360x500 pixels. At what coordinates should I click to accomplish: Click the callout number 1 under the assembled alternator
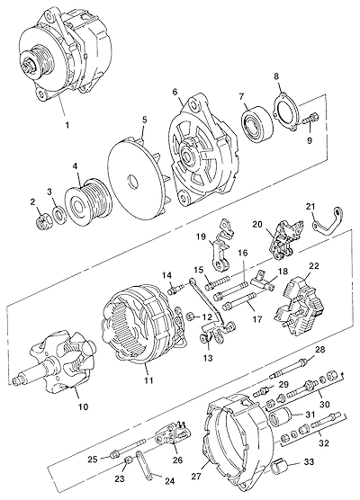67,125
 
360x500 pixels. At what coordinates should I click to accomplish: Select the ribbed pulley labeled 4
89,201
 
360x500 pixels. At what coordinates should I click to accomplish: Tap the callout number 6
175,92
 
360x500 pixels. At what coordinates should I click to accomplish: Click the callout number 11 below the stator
148,380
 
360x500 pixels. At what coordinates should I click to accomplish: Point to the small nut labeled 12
189,317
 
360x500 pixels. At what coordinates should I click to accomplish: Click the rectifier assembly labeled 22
299,306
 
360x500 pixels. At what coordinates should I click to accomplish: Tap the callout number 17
256,319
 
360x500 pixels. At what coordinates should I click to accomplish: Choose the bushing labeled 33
280,467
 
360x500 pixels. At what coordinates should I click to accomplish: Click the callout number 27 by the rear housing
197,476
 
